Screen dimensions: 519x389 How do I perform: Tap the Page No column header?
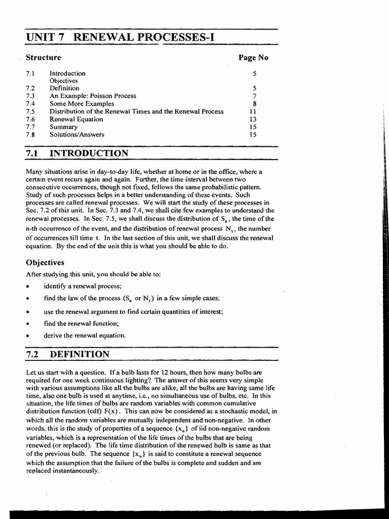253,58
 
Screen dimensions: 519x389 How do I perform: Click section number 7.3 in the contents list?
30,96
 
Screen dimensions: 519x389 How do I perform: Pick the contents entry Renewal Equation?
76,119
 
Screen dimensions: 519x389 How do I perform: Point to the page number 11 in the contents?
253,112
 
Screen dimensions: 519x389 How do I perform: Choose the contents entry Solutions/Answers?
76,135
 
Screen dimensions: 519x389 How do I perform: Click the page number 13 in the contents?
253,119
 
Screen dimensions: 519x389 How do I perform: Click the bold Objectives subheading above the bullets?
45,263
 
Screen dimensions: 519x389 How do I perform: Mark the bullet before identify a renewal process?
27,286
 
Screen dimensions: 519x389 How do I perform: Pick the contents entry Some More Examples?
82,103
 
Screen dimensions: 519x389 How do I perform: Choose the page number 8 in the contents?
255,103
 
